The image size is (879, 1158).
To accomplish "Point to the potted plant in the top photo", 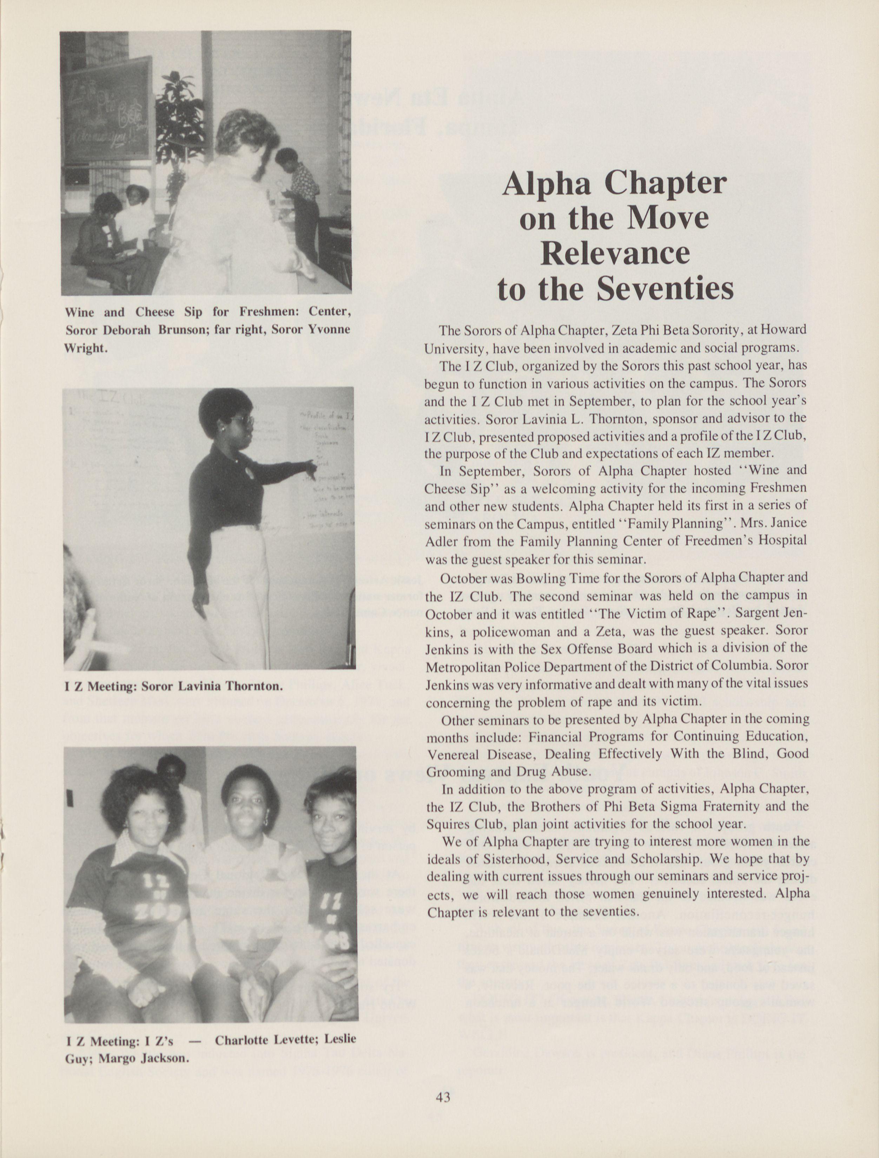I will tap(178, 120).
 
